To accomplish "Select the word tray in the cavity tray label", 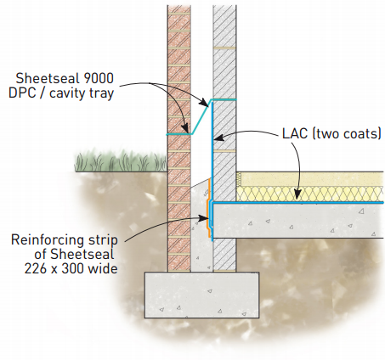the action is click(101, 93).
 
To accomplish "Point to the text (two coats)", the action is click(347, 133).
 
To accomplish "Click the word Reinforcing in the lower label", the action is click(48, 240).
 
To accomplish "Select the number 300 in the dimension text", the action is click(72, 268).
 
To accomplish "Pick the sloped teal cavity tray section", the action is click(201, 116).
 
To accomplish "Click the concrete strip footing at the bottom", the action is click(202, 295).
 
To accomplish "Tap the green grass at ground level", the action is click(121, 161).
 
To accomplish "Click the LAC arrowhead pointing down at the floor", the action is click(297, 195).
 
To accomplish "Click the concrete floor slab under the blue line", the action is click(298, 221).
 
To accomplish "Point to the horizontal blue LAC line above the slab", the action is click(298, 203).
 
